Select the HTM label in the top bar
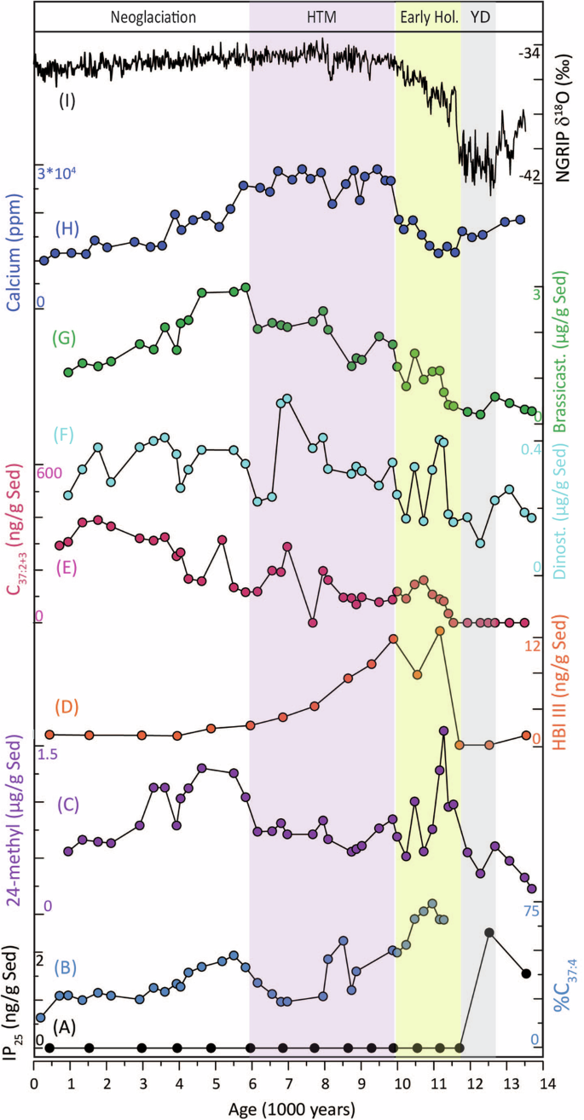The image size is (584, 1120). click(322, 16)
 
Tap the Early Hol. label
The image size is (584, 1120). click(427, 16)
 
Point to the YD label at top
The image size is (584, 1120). click(480, 16)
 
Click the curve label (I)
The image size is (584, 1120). click(67, 101)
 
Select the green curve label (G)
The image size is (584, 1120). click(64, 338)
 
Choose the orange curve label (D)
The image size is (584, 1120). click(67, 707)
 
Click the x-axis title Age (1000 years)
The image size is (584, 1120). click(290, 1109)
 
